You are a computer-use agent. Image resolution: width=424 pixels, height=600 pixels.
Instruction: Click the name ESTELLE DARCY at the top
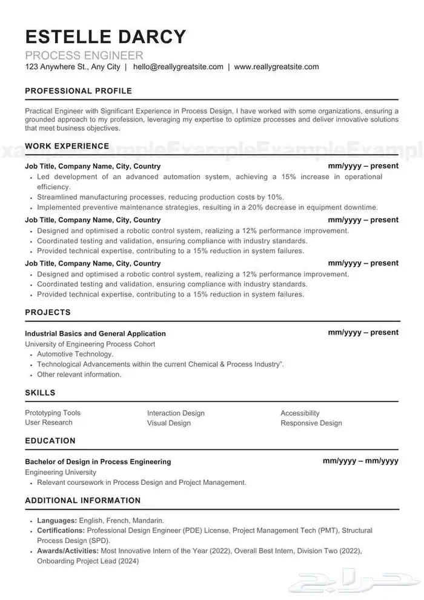click(x=105, y=36)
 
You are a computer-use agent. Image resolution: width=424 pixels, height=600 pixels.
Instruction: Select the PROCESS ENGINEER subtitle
click(x=84, y=56)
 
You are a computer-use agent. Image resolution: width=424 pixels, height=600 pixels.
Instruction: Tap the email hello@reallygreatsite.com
click(x=179, y=67)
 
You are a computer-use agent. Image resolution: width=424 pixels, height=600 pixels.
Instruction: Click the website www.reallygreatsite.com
click(x=276, y=67)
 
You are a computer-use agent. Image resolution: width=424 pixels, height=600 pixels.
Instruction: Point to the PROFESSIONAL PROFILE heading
click(x=78, y=91)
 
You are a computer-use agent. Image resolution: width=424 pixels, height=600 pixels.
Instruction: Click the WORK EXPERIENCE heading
click(x=67, y=146)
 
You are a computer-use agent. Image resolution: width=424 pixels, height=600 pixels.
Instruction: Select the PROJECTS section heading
click(x=48, y=312)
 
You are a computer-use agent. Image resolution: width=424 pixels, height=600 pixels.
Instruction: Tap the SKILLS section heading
click(x=40, y=393)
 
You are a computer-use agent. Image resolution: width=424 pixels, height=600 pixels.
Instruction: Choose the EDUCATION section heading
click(x=50, y=441)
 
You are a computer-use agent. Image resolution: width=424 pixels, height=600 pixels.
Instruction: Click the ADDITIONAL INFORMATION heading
click(x=82, y=501)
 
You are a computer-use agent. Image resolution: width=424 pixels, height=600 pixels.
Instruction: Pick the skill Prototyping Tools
click(x=53, y=413)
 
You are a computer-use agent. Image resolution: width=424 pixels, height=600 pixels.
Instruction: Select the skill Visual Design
click(x=168, y=423)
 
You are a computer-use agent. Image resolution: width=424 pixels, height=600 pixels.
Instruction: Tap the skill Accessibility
click(x=300, y=413)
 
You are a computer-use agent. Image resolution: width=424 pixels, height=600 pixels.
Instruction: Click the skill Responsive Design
click(x=311, y=423)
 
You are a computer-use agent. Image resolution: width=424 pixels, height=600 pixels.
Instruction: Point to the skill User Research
click(x=48, y=422)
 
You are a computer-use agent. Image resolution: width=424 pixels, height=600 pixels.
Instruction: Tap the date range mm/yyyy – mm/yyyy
click(x=360, y=461)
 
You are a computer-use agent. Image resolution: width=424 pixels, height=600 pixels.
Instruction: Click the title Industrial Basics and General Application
click(x=95, y=333)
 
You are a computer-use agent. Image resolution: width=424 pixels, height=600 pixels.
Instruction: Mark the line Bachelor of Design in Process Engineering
click(x=98, y=461)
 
